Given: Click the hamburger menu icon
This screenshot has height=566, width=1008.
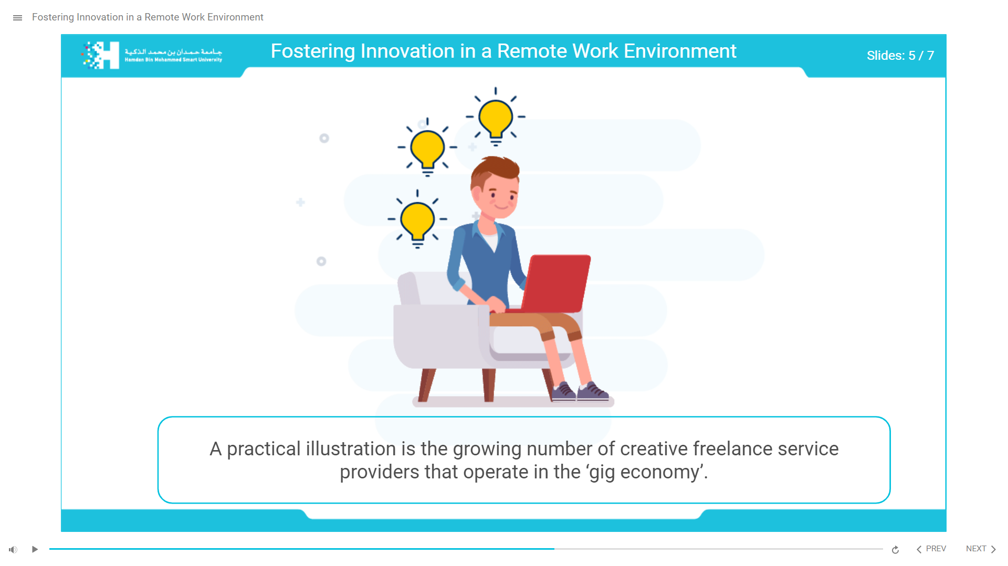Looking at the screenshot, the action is (x=17, y=18).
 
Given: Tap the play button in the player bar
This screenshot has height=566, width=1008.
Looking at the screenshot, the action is (x=35, y=549).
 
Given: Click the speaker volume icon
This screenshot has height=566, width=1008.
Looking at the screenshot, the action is (x=13, y=549).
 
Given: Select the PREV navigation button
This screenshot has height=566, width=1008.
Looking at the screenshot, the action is (x=931, y=549).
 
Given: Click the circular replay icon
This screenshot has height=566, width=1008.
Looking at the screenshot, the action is (x=895, y=549).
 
